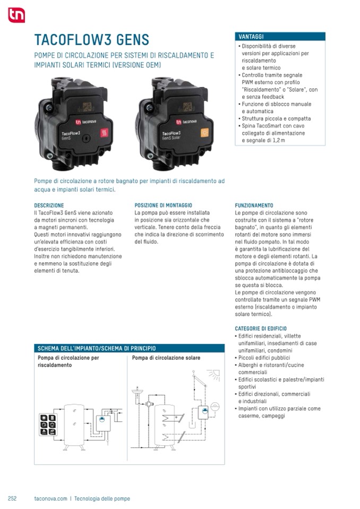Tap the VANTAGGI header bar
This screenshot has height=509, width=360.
(x=280, y=37)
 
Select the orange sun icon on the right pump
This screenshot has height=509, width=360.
(x=204, y=133)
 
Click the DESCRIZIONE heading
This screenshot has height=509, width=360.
(x=49, y=205)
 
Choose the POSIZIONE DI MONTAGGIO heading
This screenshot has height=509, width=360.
(x=163, y=205)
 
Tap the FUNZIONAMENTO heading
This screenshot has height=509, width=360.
(x=254, y=205)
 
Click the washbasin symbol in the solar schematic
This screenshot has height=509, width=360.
(x=135, y=395)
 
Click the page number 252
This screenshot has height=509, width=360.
(x=12, y=498)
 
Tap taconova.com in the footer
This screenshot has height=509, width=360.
(x=50, y=498)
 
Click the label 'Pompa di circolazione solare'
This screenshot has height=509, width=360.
(x=166, y=358)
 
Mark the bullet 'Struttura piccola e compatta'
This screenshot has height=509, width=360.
(x=276, y=118)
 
